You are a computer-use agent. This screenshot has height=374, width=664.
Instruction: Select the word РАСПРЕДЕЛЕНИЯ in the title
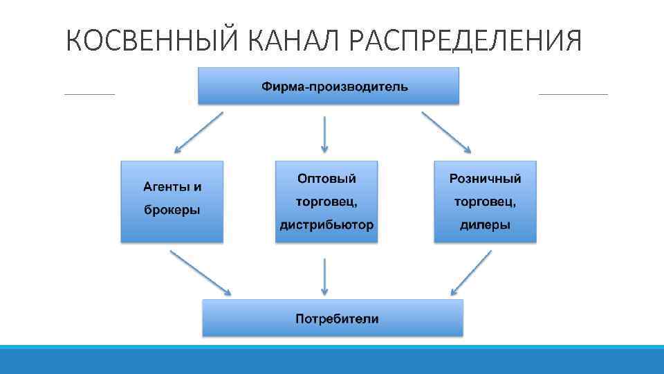point(465,42)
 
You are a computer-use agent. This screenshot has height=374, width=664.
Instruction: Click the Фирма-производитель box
point(329,86)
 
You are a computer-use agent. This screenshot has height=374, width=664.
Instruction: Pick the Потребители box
point(333,319)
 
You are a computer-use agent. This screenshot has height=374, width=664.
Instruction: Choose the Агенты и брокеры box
point(172,201)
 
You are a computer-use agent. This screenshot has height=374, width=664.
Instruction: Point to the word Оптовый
point(326,179)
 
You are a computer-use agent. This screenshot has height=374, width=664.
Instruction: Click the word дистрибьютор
point(326,225)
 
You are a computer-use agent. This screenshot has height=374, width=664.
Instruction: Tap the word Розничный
point(485,179)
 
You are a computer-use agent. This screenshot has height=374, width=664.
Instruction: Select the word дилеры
point(485,225)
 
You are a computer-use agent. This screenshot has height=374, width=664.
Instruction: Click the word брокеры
point(172,210)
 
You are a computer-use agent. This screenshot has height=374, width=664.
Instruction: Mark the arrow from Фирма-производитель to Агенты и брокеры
point(198,133)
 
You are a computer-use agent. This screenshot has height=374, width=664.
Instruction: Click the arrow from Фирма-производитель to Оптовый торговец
point(325,134)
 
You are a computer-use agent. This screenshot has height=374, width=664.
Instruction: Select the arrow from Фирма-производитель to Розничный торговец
point(447,133)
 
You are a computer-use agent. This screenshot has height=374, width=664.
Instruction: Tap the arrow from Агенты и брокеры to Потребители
point(201,272)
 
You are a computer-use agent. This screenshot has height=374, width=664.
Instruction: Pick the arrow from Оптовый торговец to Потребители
point(325,276)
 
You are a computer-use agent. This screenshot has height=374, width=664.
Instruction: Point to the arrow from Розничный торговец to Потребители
point(470,272)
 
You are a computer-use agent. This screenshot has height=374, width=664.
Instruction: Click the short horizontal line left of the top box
point(89,93)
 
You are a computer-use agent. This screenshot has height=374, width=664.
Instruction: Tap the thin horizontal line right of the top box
point(573,93)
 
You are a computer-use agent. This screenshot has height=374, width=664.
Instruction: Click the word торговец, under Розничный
point(485,202)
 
